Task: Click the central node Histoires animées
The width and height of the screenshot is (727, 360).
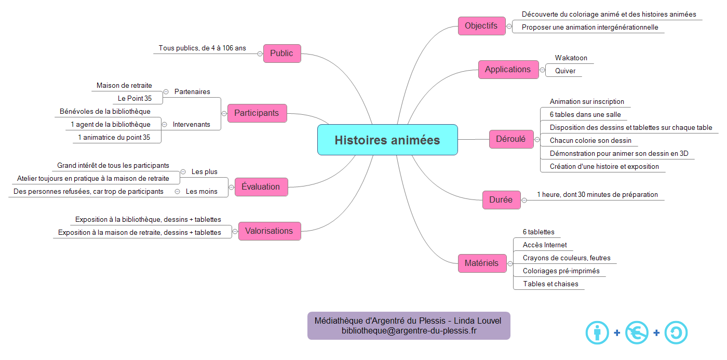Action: click(387, 140)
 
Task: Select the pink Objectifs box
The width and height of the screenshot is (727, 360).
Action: click(481, 25)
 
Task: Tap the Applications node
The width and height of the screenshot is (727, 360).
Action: click(508, 69)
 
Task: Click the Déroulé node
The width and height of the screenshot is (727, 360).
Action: click(511, 139)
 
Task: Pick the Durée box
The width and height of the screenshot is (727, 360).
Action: click(501, 199)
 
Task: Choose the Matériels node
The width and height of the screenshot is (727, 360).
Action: click(481, 263)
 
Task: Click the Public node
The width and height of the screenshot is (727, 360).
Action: click(281, 53)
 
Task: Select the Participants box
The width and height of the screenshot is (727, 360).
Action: click(257, 113)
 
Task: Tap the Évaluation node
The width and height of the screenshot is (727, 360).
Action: click(261, 186)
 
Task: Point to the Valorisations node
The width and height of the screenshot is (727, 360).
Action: click(269, 231)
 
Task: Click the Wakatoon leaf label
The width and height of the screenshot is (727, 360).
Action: click(571, 58)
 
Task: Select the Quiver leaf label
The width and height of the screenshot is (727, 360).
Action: click(565, 71)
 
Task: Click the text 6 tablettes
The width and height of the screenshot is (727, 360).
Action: click(538, 232)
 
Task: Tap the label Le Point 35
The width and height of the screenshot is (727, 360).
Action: click(134, 98)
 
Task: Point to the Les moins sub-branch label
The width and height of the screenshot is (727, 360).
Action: click(201, 191)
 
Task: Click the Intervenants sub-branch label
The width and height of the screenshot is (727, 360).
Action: click(191, 124)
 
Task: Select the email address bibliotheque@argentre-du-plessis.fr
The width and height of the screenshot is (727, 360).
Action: click(409, 330)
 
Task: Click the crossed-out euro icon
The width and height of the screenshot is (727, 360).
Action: click(637, 332)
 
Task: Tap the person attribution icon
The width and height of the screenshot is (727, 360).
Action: click(597, 332)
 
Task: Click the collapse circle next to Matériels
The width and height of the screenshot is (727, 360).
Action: click(510, 263)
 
